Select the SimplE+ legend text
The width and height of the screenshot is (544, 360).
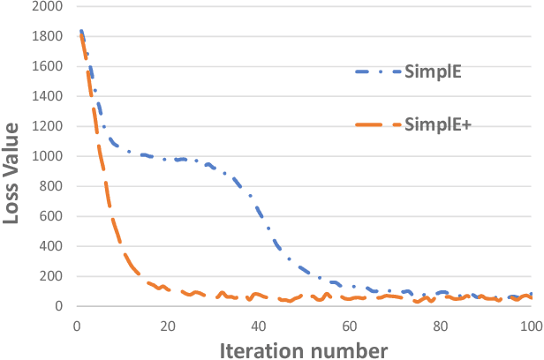tap(437, 125)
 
